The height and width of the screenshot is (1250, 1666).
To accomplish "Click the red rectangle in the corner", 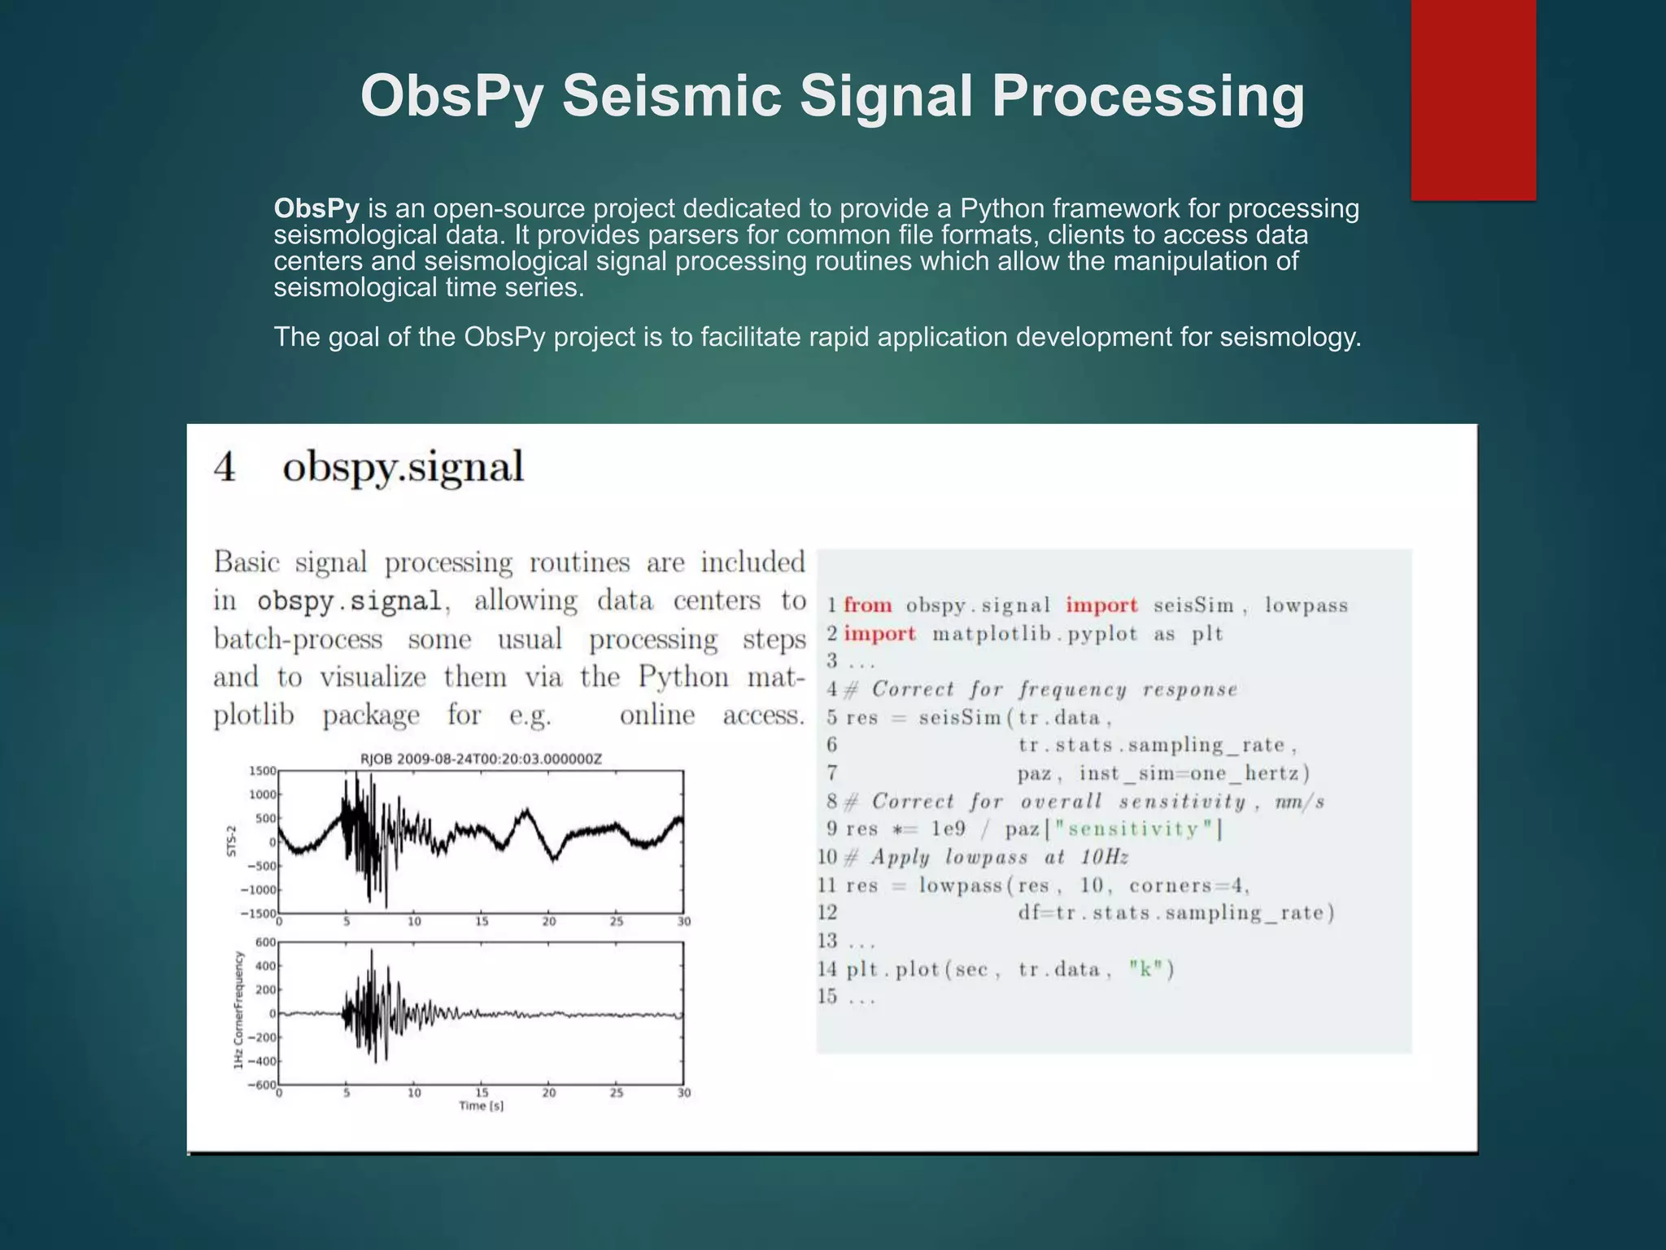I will (x=1473, y=99).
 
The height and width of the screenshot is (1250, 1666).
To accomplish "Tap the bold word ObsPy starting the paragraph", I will (x=316, y=209).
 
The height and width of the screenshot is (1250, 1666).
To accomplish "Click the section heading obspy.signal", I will (x=403, y=468).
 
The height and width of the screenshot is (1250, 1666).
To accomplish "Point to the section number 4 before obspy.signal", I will (x=225, y=468).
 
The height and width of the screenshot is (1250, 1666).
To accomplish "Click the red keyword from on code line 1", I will (x=867, y=605).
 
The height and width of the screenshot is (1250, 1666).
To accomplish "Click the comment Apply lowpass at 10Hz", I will (x=1000, y=857).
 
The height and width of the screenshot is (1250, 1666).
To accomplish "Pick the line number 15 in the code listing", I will (x=827, y=997).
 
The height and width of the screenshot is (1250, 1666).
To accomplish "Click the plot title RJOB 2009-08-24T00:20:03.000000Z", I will (x=481, y=759).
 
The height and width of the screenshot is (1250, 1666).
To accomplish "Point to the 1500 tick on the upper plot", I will (x=262, y=771).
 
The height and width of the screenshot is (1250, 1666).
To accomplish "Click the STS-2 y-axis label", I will (x=231, y=841).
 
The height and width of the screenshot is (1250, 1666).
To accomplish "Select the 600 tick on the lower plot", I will (x=266, y=942).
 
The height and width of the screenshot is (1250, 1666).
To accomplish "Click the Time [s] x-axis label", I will (x=481, y=1106).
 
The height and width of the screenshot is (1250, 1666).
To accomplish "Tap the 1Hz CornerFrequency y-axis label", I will (x=238, y=1011).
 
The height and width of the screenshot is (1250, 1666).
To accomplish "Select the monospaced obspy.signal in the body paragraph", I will (x=350, y=601).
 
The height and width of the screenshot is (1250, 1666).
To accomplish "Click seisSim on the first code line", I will (x=1193, y=605).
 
